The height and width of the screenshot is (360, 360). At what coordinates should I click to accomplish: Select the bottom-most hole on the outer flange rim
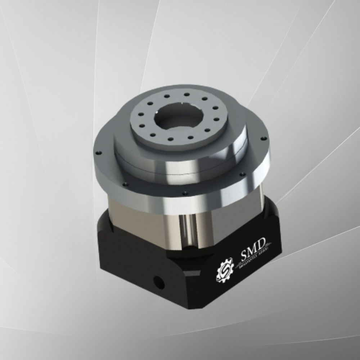185,193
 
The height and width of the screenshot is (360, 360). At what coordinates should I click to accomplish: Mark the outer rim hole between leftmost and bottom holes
126,184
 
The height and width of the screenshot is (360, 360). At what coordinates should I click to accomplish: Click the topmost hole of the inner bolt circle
187,94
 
